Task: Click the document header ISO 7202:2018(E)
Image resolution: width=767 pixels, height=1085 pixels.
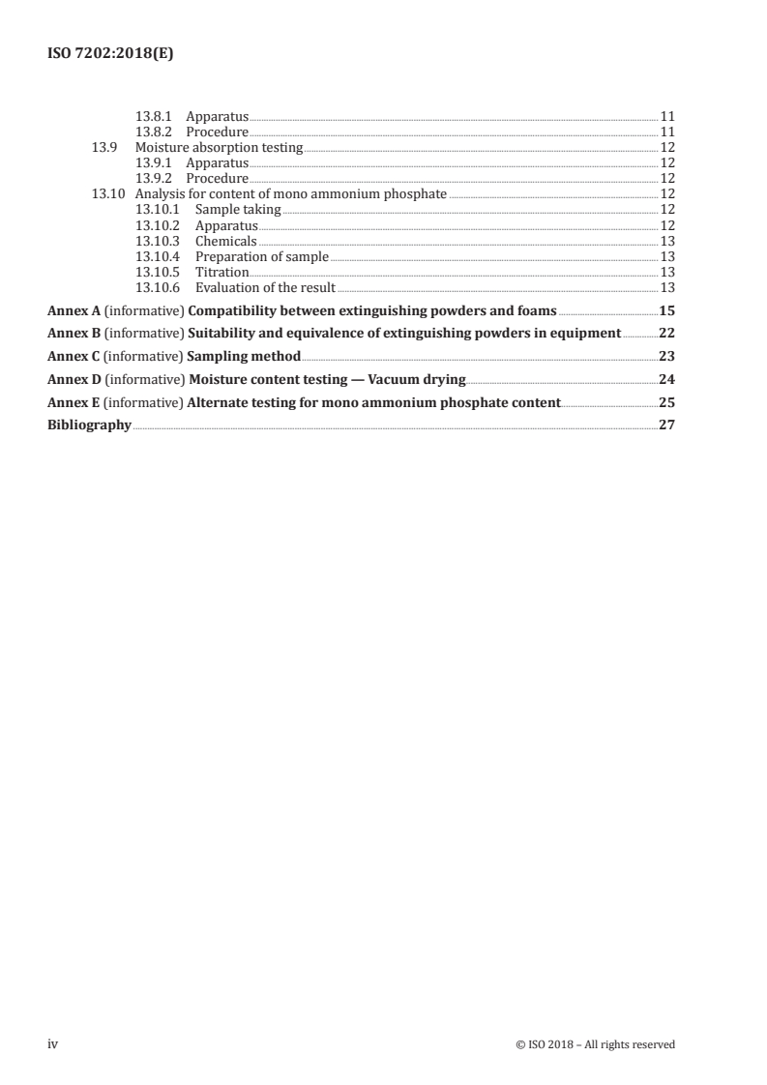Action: [110, 55]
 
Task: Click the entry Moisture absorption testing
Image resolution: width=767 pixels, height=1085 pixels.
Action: [219, 148]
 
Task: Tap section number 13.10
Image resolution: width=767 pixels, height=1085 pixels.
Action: [107, 194]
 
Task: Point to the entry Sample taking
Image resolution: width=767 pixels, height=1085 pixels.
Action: [238, 210]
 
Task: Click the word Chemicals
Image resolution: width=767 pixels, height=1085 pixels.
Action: [226, 241]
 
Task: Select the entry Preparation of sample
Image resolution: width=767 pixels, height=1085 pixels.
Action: [262, 257]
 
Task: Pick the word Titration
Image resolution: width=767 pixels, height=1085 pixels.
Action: [222, 273]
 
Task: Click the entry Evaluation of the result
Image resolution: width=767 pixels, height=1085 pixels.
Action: [265, 288]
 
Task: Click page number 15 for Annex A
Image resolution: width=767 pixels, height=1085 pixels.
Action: [666, 311]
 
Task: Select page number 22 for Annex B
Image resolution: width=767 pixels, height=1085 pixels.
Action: [666, 334]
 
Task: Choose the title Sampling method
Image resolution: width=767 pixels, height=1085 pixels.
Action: [245, 356]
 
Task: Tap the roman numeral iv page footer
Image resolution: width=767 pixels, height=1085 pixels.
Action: [54, 1043]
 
